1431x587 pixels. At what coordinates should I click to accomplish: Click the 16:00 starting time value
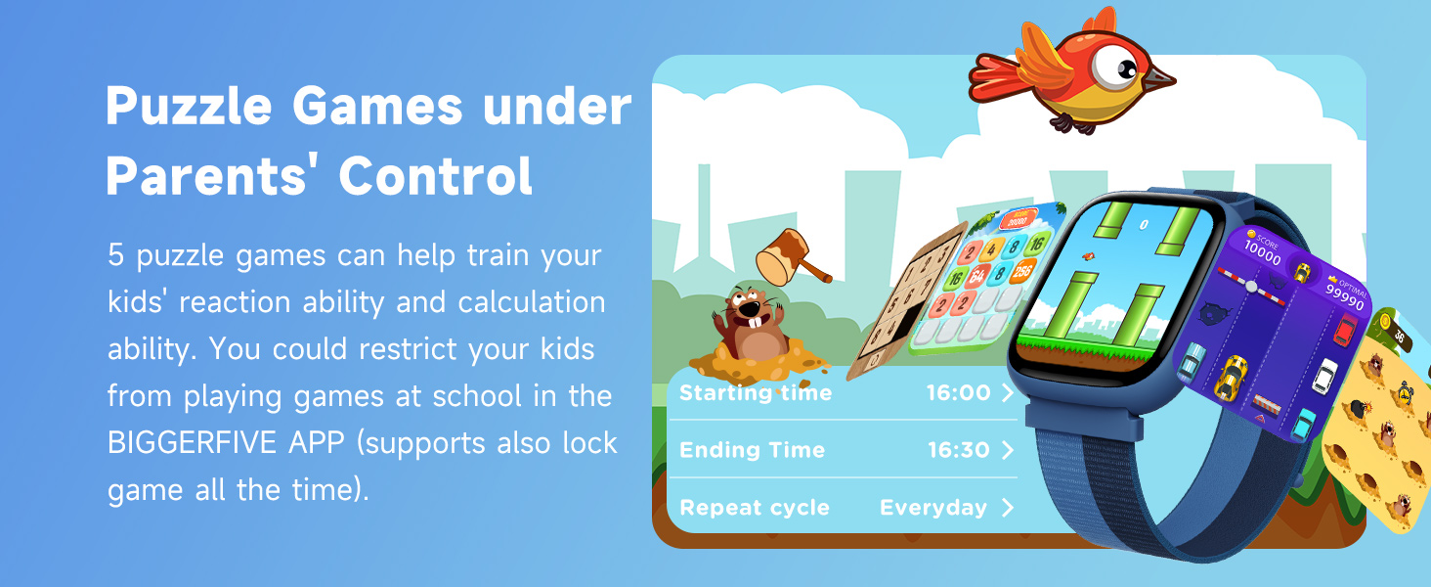point(958,393)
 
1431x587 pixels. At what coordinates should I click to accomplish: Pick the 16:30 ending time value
point(958,450)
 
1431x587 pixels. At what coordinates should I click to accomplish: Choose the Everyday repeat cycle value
point(933,508)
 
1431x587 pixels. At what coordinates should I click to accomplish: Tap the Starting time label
point(756,393)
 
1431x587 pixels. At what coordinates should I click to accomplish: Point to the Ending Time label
point(752,450)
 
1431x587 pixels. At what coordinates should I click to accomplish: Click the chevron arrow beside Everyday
point(1008,508)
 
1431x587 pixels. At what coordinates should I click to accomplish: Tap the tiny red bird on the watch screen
point(1083,256)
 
